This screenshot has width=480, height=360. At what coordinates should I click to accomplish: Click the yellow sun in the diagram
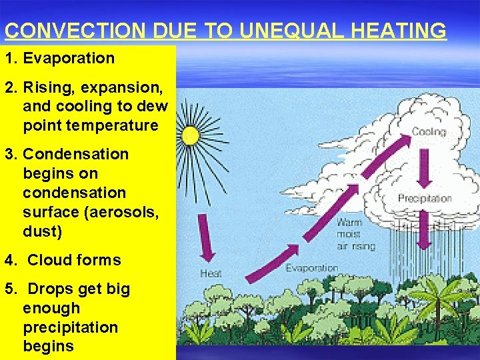(190, 135)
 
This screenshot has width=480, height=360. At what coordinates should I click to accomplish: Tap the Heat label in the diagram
(211, 273)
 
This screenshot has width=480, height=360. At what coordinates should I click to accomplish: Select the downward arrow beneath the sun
(206, 237)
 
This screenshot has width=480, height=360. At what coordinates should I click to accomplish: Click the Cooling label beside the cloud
(428, 132)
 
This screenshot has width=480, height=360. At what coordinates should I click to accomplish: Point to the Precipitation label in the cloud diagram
(425, 198)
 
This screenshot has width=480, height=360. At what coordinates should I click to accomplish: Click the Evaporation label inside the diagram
(312, 268)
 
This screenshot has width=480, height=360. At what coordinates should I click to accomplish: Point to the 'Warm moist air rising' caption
(355, 234)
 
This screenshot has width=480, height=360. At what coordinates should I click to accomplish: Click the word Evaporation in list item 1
(69, 58)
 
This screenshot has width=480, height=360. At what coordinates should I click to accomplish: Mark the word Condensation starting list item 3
(75, 154)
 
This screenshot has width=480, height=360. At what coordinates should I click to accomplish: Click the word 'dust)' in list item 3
(41, 231)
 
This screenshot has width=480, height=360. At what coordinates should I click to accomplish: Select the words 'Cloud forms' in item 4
(74, 260)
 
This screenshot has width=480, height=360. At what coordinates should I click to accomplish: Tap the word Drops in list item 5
(52, 289)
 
